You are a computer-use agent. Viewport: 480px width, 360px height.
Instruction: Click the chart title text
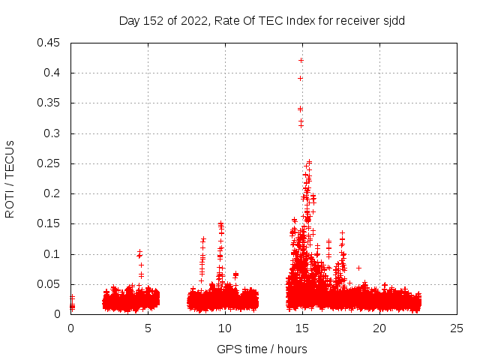(262, 20)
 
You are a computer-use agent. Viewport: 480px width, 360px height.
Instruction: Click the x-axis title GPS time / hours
(262, 349)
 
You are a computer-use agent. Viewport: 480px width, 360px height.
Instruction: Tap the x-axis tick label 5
(148, 328)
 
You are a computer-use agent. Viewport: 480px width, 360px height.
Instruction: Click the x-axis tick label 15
(302, 328)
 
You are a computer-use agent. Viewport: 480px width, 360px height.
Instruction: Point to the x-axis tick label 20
(379, 328)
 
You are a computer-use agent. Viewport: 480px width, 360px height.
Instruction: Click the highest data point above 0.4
(301, 60)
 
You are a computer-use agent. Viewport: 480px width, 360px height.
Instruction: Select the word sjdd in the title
(393, 20)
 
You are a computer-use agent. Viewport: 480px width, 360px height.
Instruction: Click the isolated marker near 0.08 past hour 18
(358, 268)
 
